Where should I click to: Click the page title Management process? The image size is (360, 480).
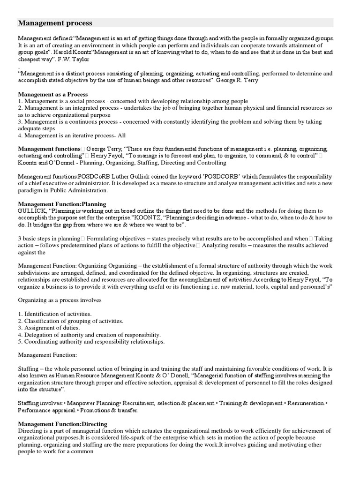click(x=55, y=23)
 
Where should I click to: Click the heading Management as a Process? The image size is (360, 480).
click(x=53, y=94)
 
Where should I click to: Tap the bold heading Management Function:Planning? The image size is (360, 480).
click(x=62, y=204)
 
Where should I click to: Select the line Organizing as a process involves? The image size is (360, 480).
click(x=60, y=300)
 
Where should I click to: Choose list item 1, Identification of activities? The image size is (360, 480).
click(x=55, y=314)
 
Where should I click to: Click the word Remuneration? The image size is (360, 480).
click(x=305, y=403)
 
